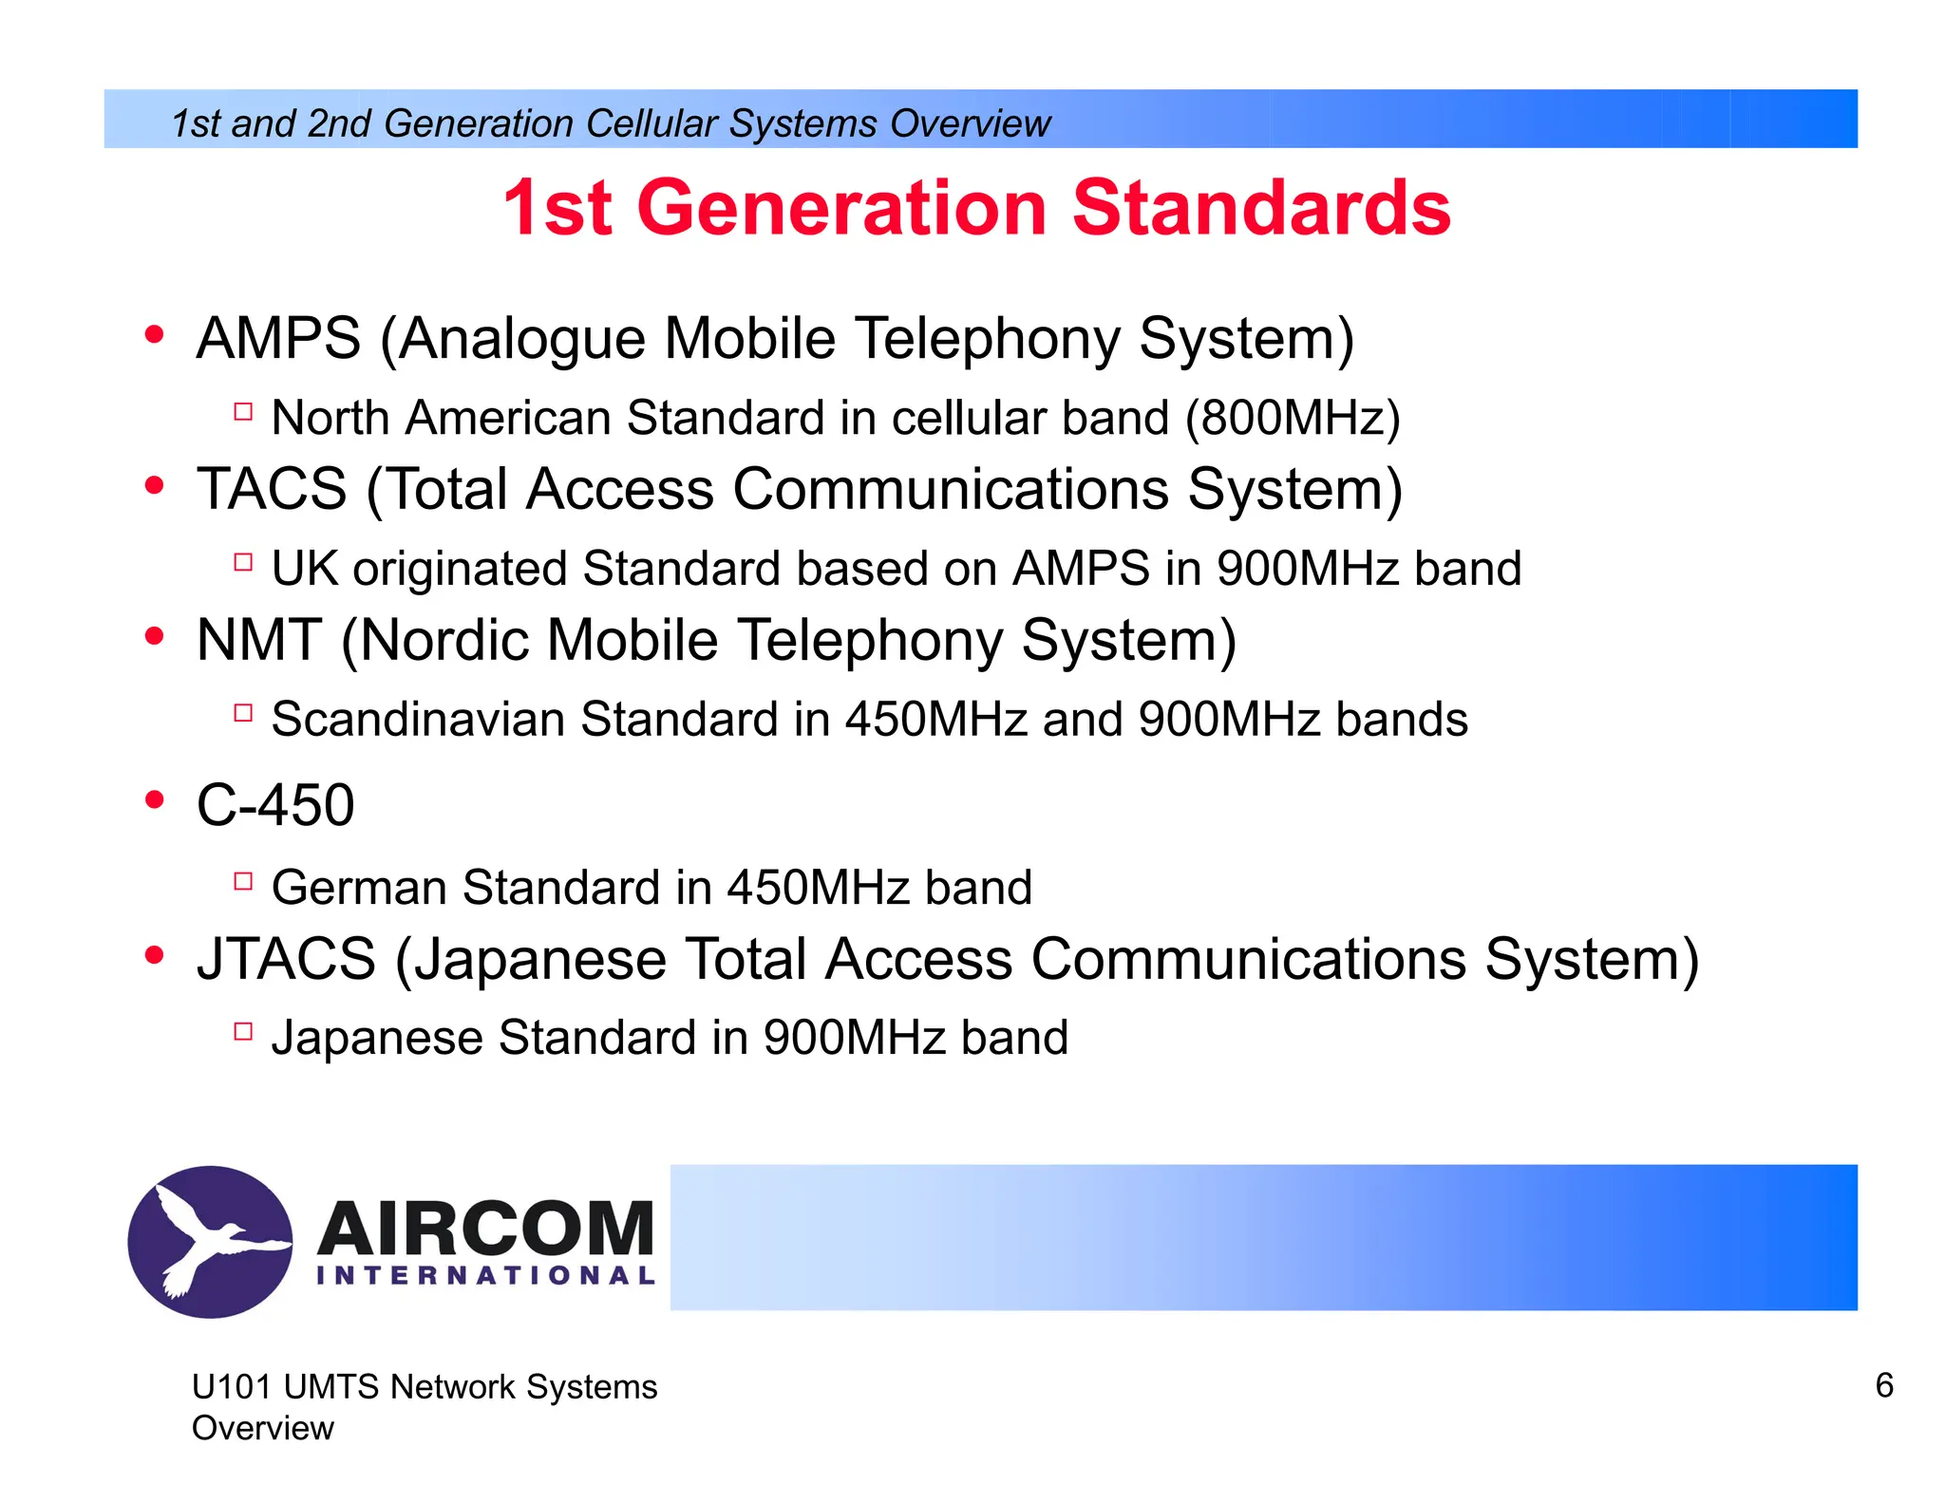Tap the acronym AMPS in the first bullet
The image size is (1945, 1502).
pos(278,338)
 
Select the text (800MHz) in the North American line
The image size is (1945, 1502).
pos(1293,418)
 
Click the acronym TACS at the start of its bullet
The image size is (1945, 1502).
pos(272,489)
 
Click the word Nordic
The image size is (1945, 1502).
pos(444,640)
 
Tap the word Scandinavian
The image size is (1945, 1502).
pos(418,719)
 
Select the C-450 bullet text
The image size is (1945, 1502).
pos(275,805)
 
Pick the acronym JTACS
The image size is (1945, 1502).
pos(286,959)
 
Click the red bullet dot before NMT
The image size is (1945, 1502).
pos(154,636)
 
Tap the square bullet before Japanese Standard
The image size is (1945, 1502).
pos(243,1031)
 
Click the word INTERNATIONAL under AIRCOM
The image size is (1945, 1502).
pos(485,1275)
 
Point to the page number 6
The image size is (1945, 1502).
pos(1884,1385)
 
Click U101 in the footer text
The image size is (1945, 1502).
pos(232,1387)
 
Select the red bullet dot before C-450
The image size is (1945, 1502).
pos(154,800)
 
